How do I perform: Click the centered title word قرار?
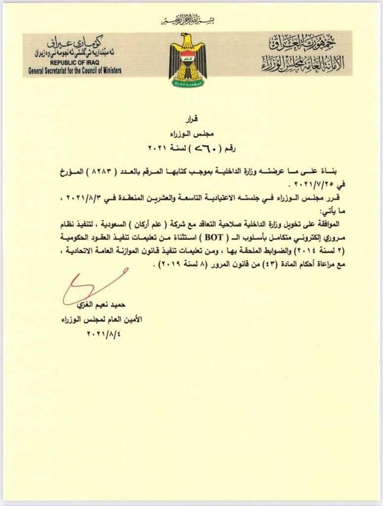[x=191, y=120]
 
